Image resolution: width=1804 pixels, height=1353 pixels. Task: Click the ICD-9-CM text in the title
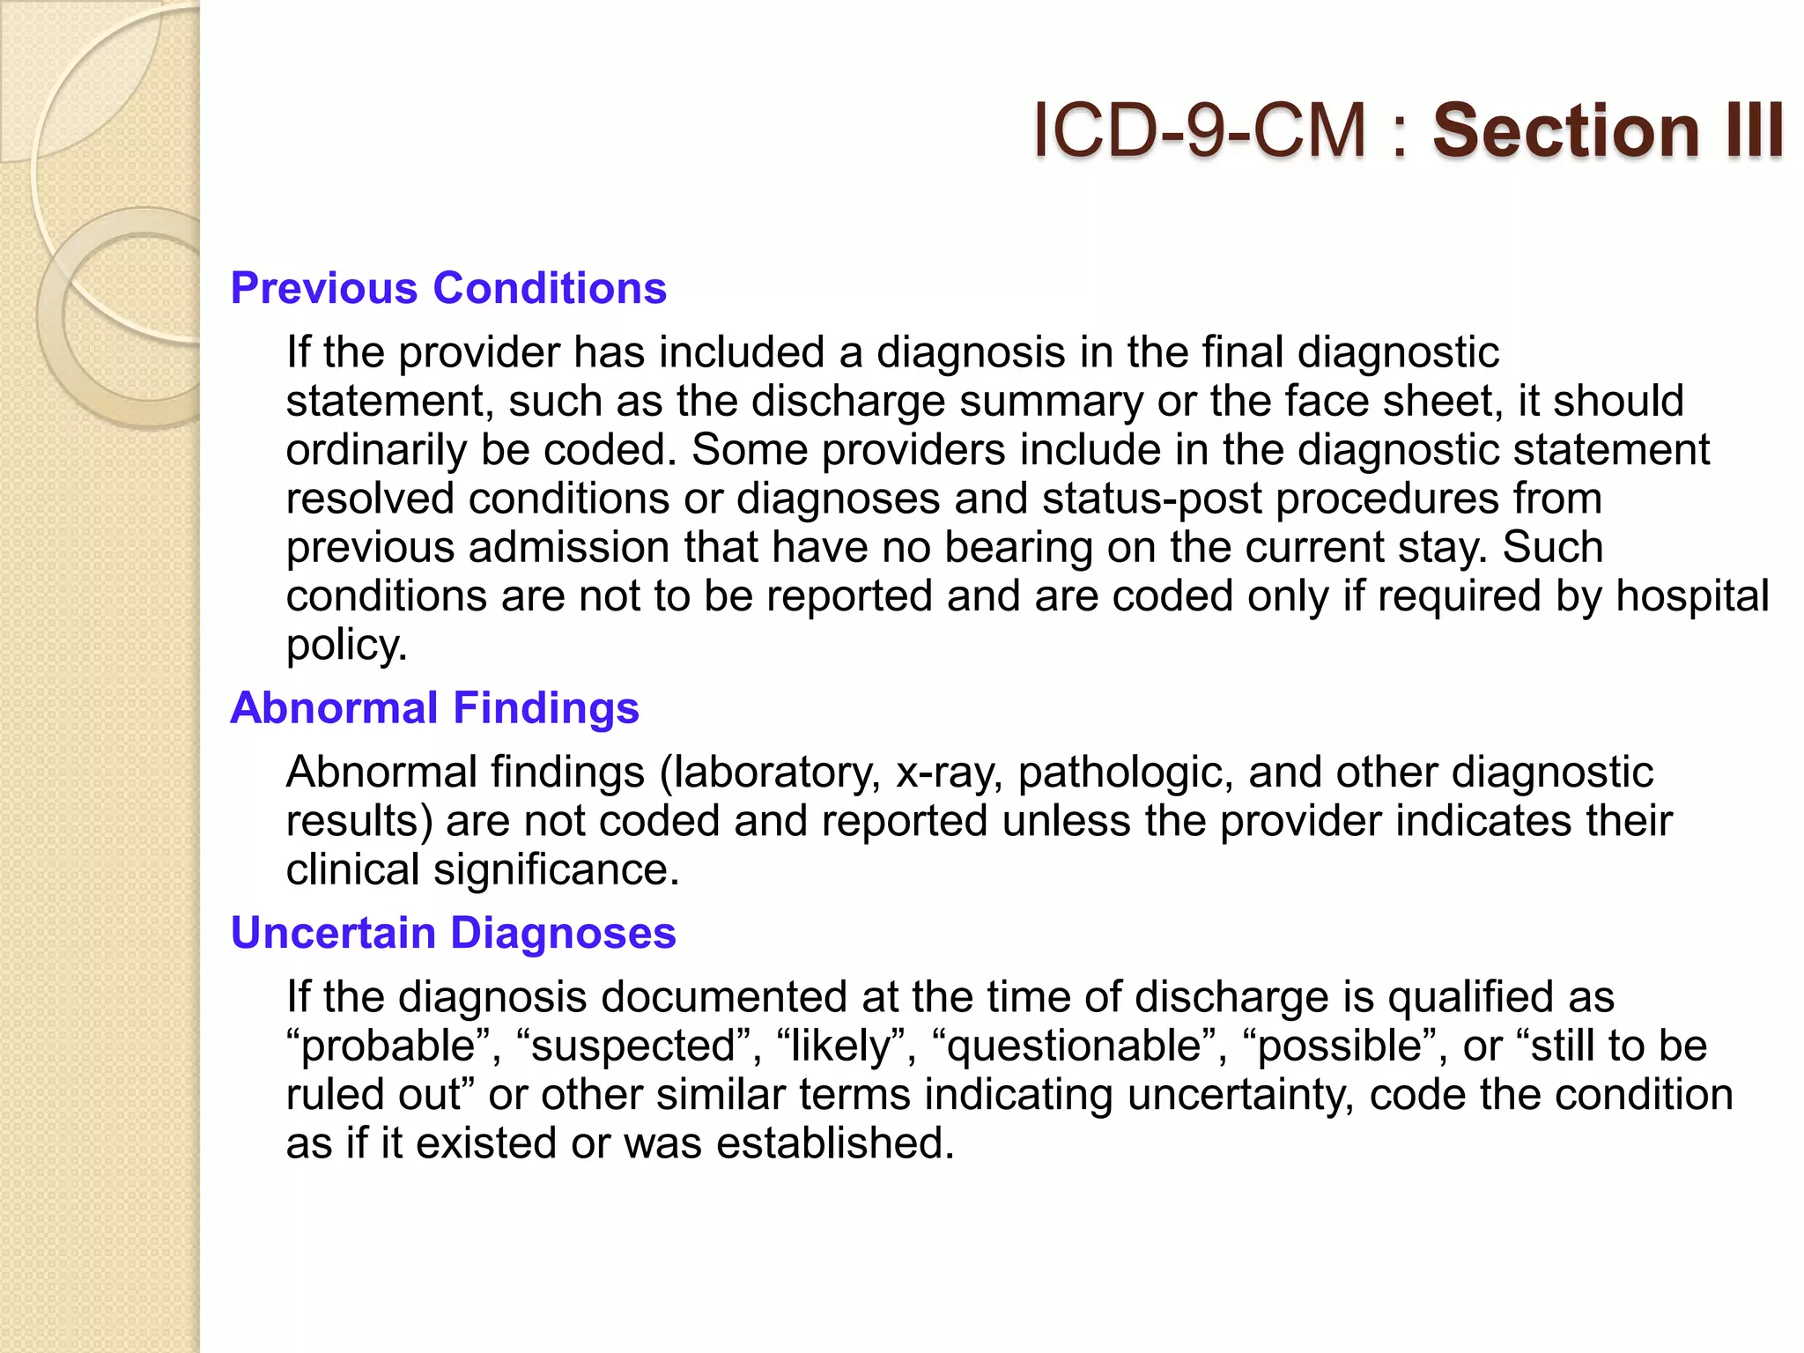(1199, 130)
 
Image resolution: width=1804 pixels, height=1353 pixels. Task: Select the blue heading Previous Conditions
(448, 288)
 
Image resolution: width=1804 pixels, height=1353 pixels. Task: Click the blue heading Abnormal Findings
(434, 707)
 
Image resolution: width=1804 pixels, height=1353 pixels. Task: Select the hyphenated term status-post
(1152, 499)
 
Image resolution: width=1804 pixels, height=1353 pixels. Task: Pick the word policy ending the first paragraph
(345, 645)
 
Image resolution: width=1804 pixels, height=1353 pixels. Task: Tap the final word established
(834, 1143)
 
